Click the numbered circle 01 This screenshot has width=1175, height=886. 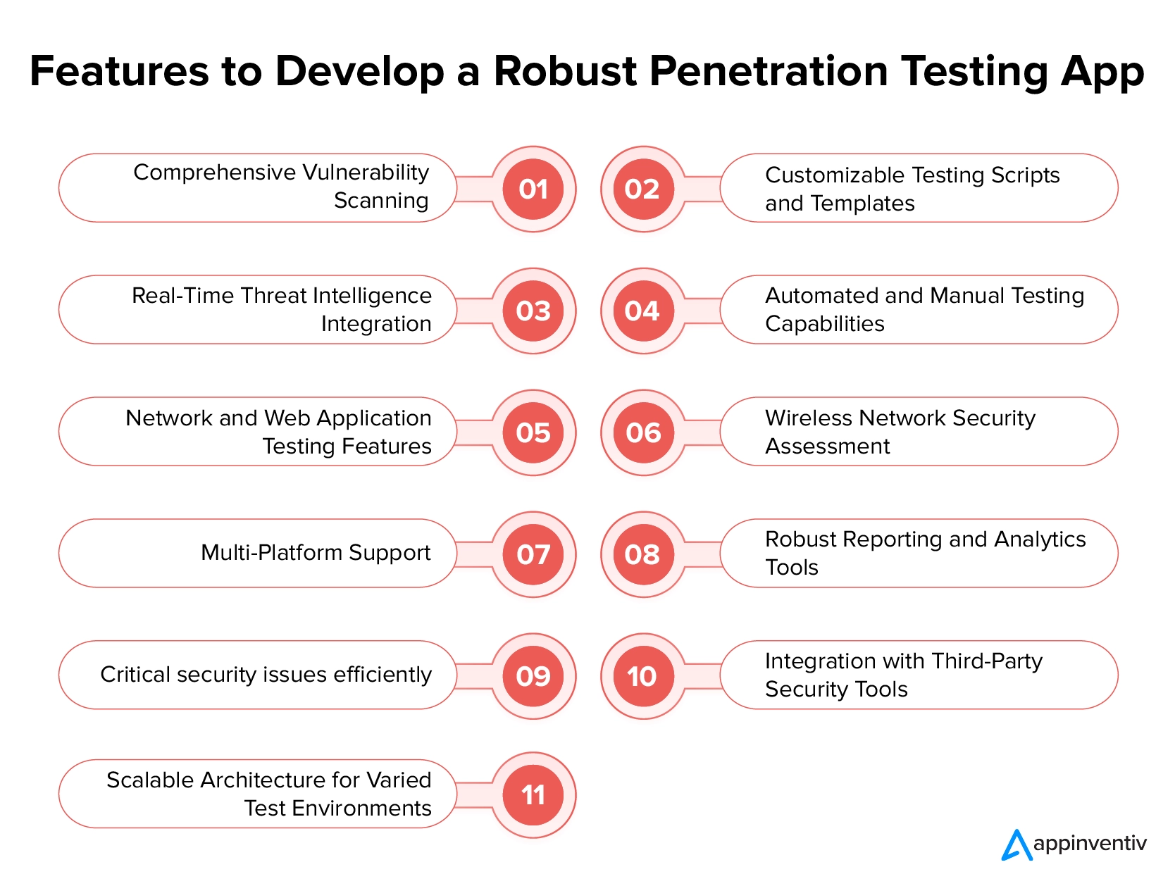click(533, 189)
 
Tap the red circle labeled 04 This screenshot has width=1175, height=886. click(643, 311)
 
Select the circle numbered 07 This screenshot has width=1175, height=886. click(533, 554)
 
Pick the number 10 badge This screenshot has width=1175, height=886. click(643, 675)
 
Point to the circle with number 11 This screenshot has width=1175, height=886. click(533, 794)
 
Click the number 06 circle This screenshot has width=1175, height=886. click(643, 432)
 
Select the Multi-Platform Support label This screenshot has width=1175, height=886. click(316, 553)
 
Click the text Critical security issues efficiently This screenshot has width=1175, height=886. click(266, 675)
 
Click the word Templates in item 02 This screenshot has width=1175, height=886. click(862, 204)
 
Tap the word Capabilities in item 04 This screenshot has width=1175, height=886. click(824, 324)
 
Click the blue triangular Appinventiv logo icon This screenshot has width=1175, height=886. click(1016, 845)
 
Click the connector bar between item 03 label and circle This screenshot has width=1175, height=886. click(474, 311)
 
